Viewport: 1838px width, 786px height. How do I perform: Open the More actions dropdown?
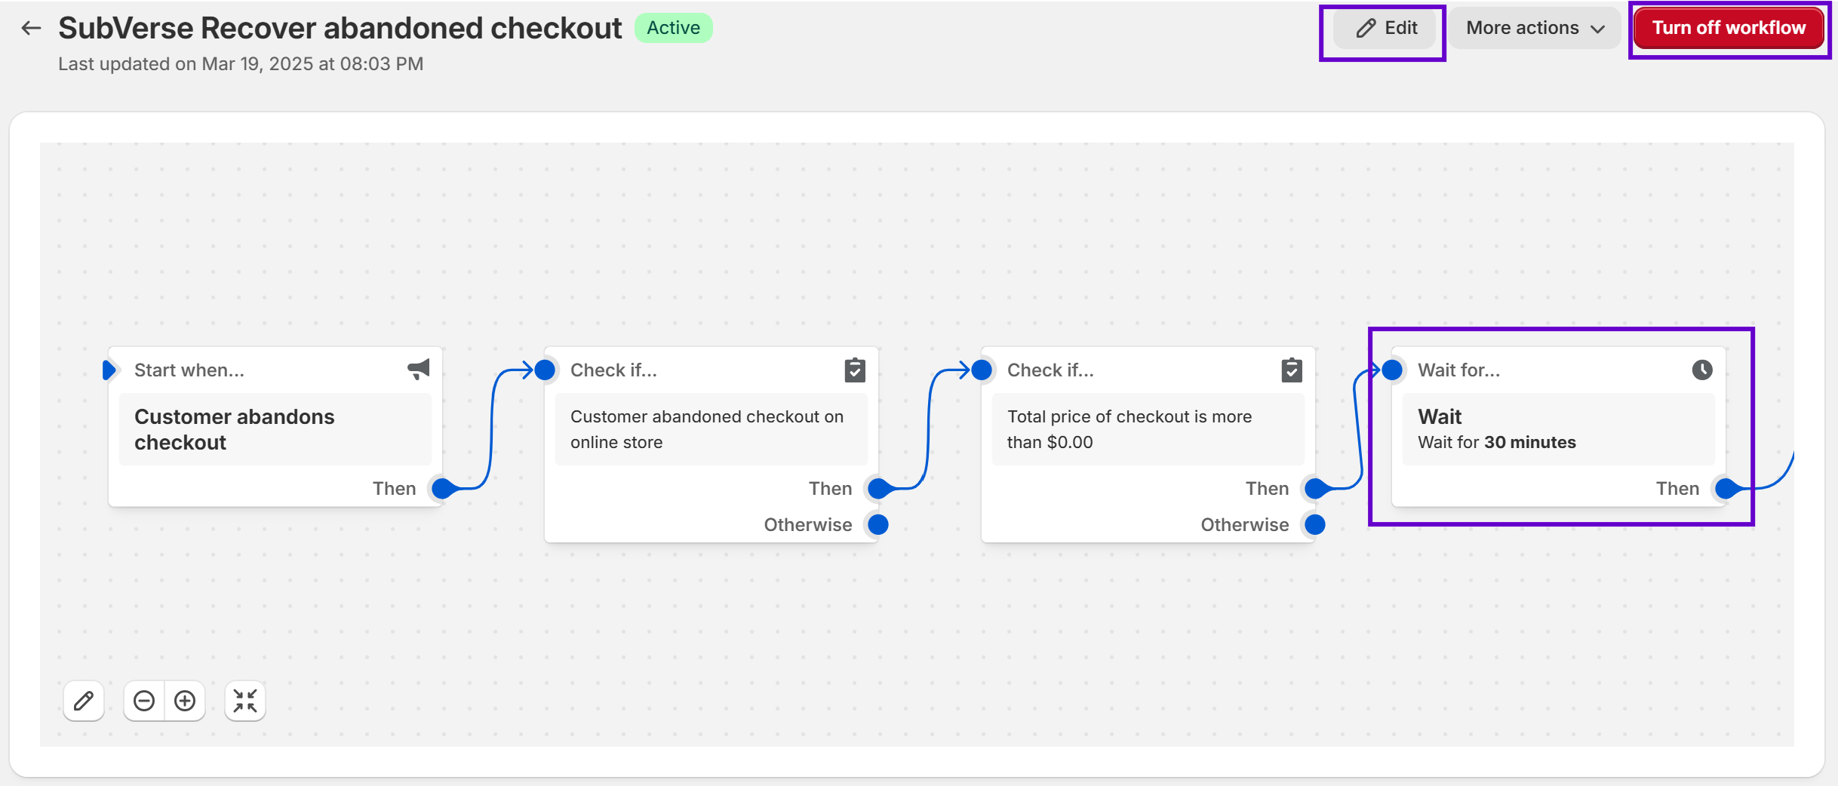(1534, 29)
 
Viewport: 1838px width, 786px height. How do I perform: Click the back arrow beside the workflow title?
(31, 29)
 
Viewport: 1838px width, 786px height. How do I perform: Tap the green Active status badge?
(673, 28)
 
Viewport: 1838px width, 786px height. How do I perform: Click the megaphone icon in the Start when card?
(419, 369)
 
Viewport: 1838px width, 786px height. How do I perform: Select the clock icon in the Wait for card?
(1702, 370)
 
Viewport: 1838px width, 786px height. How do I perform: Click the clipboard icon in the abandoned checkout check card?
(855, 370)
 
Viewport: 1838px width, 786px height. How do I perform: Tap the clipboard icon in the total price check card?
(1292, 370)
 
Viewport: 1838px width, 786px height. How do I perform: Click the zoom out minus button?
(144, 701)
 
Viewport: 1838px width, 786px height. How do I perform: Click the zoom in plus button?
(185, 701)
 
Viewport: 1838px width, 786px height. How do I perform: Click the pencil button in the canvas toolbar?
(84, 701)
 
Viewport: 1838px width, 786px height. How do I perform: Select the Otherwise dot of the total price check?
(1315, 524)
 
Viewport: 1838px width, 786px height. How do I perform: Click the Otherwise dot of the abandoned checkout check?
(878, 524)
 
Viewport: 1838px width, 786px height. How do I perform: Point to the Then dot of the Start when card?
(443, 488)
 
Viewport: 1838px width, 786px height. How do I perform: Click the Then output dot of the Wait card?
(1726, 488)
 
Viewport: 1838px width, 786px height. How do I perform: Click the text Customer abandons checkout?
(234, 429)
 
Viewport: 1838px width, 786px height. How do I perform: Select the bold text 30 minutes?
(1530, 442)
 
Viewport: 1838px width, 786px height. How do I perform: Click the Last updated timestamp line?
(241, 64)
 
